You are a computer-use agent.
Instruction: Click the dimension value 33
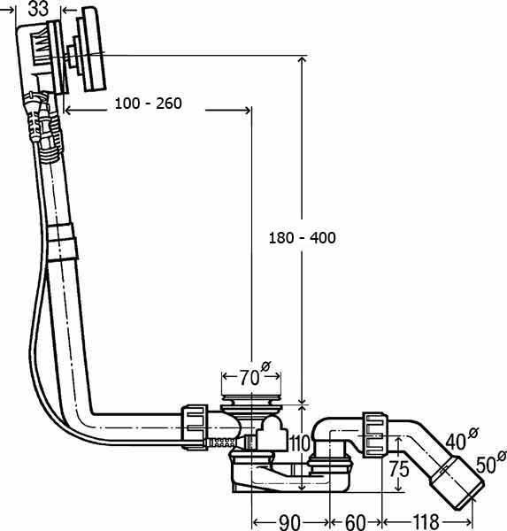[x=38, y=9]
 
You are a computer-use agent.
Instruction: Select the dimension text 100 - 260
[x=149, y=104]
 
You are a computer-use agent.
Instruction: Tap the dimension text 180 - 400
[x=302, y=238]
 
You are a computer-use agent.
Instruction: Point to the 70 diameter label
[x=255, y=374]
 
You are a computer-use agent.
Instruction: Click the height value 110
[x=300, y=443]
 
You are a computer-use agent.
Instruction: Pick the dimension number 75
[x=399, y=469]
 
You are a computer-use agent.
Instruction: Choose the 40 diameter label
[x=462, y=439]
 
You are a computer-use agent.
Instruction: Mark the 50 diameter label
[x=491, y=462]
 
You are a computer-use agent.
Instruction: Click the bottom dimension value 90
[x=290, y=522]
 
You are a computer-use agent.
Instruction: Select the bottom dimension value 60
[x=356, y=522]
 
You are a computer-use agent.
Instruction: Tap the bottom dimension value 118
[x=426, y=522]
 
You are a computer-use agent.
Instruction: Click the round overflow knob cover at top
[x=92, y=49]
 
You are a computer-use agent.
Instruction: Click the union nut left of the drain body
[x=195, y=427]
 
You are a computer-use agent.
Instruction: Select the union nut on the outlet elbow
[x=374, y=435]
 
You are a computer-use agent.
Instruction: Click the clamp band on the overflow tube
[x=62, y=242]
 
